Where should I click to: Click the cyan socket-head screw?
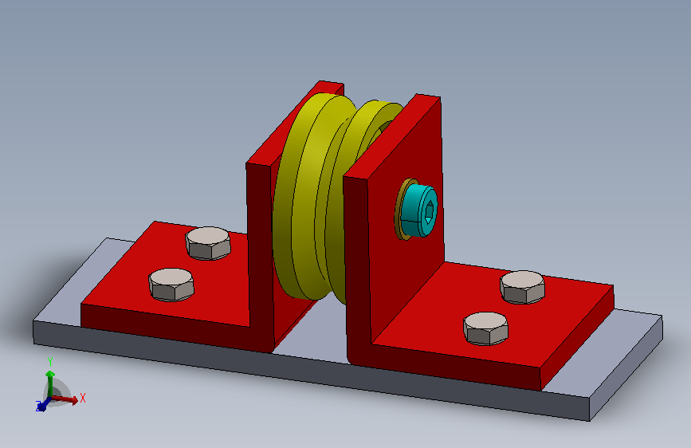click(418, 210)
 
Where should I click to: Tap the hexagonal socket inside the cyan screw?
click(429, 211)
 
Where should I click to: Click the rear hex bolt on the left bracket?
click(208, 243)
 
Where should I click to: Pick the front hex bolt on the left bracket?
click(171, 285)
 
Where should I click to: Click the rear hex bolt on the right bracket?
click(522, 287)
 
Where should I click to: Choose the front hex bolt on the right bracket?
click(485, 328)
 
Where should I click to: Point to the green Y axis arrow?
click(50, 383)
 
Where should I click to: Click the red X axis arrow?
click(64, 399)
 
